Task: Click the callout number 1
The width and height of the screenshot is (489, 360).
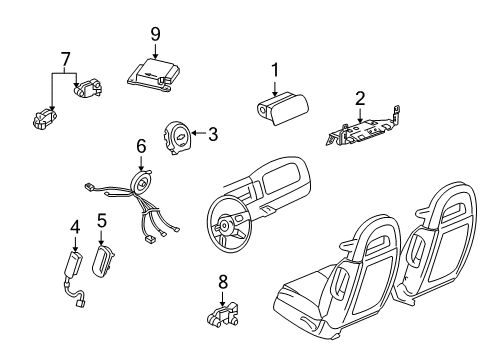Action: click(x=273, y=71)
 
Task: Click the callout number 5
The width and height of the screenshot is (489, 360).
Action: click(x=101, y=220)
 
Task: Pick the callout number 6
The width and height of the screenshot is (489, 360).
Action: click(x=141, y=146)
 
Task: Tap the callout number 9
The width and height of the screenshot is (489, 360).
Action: click(x=156, y=35)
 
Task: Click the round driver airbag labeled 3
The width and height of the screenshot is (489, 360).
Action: click(x=178, y=134)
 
